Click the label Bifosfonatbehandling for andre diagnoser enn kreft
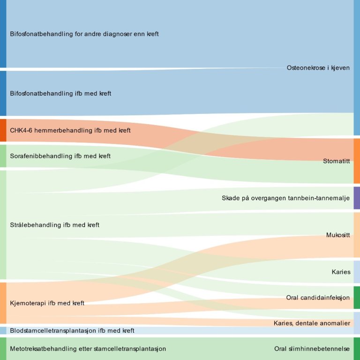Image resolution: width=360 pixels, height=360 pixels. [x=84, y=34]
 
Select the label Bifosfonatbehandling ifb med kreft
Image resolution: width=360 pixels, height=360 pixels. [x=60, y=94]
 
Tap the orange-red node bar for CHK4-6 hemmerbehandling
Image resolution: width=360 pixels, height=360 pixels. [x=3, y=130]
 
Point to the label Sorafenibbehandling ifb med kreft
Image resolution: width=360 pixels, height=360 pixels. [x=60, y=156]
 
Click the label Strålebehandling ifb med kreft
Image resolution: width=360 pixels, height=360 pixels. [x=54, y=225]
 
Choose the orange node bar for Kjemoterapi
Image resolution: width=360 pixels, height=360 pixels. [x=3, y=303]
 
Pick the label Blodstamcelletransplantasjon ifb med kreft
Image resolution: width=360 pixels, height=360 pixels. [x=72, y=331]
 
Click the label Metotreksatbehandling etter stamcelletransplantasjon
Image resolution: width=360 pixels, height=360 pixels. [x=88, y=349]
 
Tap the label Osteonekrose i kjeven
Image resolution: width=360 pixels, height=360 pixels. [x=318, y=68]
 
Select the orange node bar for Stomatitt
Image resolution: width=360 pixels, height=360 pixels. [x=357, y=161]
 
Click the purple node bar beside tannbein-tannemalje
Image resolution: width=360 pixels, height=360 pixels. [x=357, y=198]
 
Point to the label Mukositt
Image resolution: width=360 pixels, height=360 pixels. [x=338, y=235]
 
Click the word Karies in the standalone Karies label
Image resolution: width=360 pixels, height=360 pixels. [x=341, y=272]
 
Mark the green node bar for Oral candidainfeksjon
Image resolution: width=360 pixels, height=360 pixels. [x=357, y=298]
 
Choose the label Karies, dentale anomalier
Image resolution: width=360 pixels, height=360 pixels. [x=312, y=323]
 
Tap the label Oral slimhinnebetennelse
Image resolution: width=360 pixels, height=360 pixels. [x=312, y=349]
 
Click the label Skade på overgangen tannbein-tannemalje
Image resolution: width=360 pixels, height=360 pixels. [x=286, y=198]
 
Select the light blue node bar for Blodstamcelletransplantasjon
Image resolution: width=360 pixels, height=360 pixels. [x=3, y=330]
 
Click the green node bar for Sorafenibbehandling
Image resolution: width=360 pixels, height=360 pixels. [x=3, y=156]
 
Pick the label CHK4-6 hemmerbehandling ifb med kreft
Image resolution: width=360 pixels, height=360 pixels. [x=70, y=130]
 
